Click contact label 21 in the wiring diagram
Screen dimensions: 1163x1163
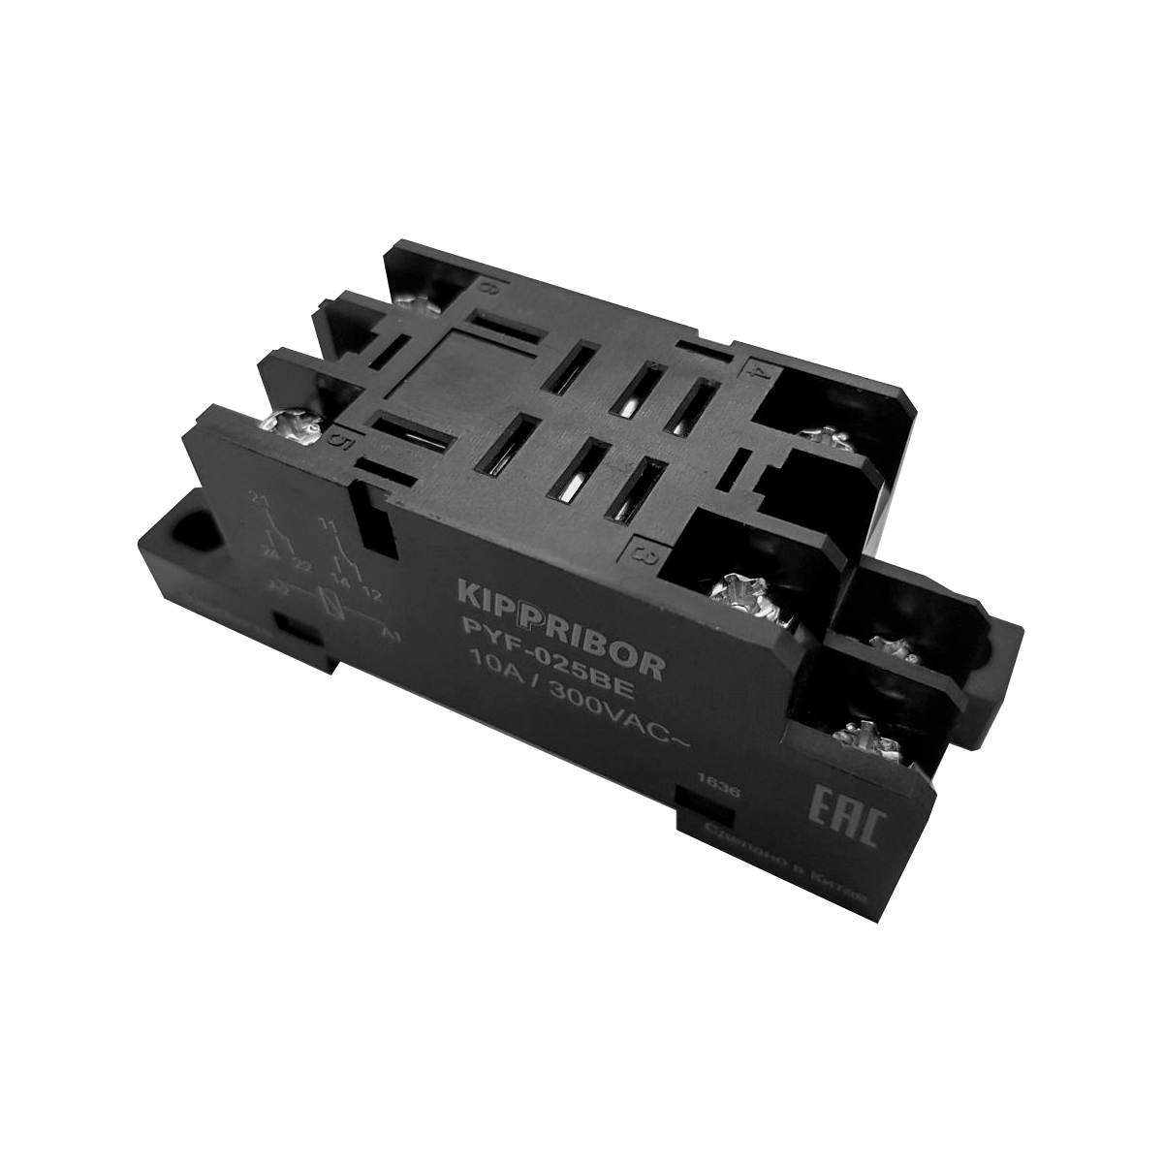pyautogui.click(x=258, y=499)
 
